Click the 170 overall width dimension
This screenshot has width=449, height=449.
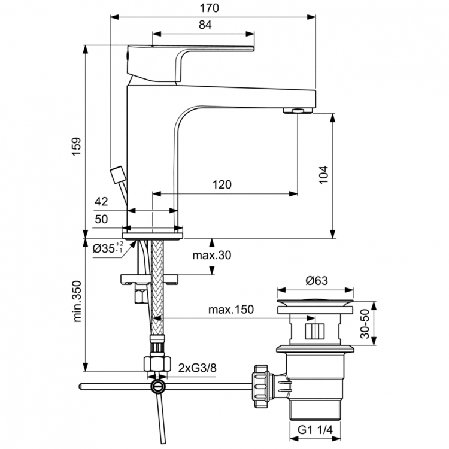(x=213, y=8)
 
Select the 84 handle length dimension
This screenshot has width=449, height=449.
(x=205, y=25)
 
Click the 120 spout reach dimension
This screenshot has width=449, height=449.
(x=222, y=185)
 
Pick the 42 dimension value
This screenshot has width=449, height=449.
(x=101, y=202)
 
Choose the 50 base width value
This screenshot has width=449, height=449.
(x=101, y=219)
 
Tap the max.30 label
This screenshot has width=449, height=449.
(x=211, y=256)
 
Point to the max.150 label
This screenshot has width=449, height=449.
(x=230, y=310)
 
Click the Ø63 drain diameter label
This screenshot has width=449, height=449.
(x=315, y=279)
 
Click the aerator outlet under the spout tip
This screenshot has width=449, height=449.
(x=297, y=110)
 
